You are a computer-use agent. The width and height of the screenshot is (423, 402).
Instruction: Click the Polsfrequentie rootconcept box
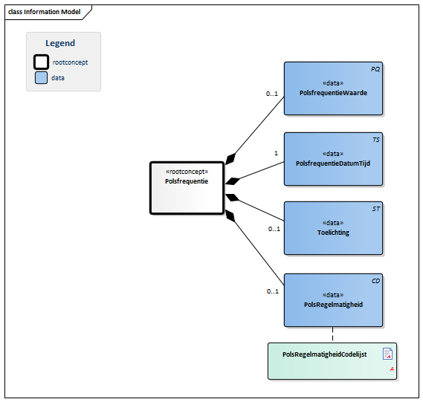(187, 188)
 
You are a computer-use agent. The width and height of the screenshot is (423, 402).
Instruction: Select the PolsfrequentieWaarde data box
(333, 88)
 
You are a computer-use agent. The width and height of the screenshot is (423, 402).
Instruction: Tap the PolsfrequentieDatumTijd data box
(333, 159)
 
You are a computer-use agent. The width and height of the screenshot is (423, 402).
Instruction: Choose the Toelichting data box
(333, 228)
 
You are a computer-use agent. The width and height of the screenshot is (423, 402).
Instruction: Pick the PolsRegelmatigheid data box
(333, 300)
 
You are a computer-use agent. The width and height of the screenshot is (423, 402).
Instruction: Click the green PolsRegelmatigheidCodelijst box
(332, 360)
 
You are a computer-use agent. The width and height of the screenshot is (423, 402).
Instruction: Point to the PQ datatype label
(375, 68)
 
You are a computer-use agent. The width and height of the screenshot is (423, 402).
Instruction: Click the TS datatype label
(375, 139)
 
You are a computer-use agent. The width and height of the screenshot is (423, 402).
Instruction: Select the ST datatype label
(375, 209)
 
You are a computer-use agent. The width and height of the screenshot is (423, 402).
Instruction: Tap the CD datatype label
(375, 281)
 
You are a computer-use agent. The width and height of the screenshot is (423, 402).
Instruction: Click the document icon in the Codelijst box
(387, 354)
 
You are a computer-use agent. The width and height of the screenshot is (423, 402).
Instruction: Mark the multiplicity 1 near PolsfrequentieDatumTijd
(276, 153)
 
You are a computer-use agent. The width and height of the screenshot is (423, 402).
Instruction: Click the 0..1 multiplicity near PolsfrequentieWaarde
(272, 94)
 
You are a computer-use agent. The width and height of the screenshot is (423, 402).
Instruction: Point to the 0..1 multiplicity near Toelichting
(274, 229)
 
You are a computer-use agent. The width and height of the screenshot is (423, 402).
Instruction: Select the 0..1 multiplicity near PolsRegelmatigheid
(272, 291)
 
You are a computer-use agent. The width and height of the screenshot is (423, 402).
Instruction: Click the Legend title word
(60, 43)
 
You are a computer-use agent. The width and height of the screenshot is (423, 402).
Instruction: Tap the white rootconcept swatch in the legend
(42, 62)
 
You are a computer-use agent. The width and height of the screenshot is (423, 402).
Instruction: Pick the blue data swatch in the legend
(42, 77)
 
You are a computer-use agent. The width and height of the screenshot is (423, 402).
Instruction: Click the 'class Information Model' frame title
(44, 12)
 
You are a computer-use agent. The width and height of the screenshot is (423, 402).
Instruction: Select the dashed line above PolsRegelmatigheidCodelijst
(332, 334)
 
